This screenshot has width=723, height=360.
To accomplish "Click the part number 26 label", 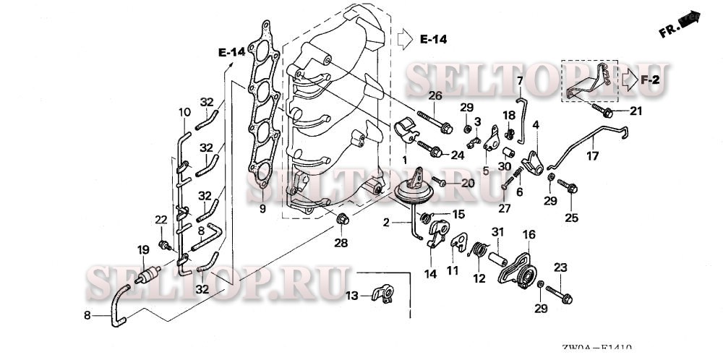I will click(435, 95).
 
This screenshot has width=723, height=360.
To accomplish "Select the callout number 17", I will click(592, 155).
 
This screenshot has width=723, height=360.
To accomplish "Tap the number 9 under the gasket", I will click(262, 210).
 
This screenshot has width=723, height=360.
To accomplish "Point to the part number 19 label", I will click(143, 250).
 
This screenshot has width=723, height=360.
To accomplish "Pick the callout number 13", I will click(351, 296).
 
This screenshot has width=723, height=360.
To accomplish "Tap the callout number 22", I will click(161, 219).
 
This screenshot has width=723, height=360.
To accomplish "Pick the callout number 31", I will click(497, 231).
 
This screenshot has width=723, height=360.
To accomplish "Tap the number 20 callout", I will click(467, 183).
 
